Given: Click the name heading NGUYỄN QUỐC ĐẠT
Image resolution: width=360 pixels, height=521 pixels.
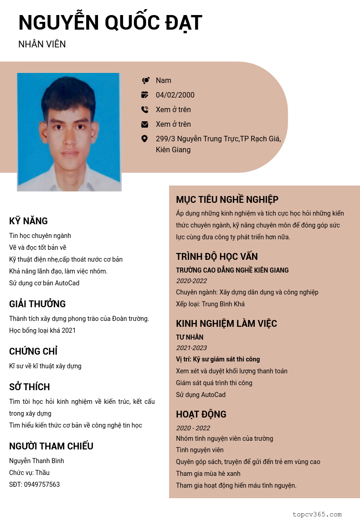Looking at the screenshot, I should [x=110, y=23].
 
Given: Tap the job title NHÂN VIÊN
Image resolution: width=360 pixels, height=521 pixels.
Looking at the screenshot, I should [x=42, y=44].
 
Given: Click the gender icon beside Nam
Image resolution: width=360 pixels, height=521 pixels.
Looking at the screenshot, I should [x=145, y=81].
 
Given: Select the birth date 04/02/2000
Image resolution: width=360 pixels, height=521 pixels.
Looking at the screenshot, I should [x=175, y=95].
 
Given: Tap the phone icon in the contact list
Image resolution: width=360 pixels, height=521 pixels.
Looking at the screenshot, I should [x=145, y=109].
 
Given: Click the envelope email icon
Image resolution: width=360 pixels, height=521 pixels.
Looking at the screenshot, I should [x=145, y=124].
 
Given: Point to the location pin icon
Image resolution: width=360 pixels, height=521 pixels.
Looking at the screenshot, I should [x=144, y=139].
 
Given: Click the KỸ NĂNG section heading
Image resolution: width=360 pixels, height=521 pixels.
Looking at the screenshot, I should [x=28, y=221].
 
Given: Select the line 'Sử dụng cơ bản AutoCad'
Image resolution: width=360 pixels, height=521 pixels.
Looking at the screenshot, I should [x=44, y=283].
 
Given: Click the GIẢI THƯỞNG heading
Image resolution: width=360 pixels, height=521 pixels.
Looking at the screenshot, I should [x=37, y=304].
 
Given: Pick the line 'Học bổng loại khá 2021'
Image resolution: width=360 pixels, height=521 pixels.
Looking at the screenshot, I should [x=42, y=330].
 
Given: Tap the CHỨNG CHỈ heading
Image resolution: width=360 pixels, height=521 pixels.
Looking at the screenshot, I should [x=33, y=351].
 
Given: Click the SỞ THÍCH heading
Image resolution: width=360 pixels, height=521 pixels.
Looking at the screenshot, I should [x=30, y=387].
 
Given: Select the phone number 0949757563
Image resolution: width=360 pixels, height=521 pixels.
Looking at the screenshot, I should [x=42, y=485].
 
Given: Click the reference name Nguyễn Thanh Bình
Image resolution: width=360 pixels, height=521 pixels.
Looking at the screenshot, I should [x=36, y=461].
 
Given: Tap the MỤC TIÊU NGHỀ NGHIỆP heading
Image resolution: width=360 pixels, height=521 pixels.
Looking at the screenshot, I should [x=227, y=200].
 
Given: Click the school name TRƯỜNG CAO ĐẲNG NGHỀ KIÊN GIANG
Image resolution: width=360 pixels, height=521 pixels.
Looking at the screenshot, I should [x=232, y=270].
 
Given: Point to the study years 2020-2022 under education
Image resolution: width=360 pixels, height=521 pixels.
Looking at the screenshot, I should [x=191, y=281].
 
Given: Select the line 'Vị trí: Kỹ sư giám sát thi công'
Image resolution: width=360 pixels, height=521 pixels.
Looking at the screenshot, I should [x=218, y=359].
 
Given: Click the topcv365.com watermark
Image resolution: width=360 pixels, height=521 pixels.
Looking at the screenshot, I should [x=317, y=514].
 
